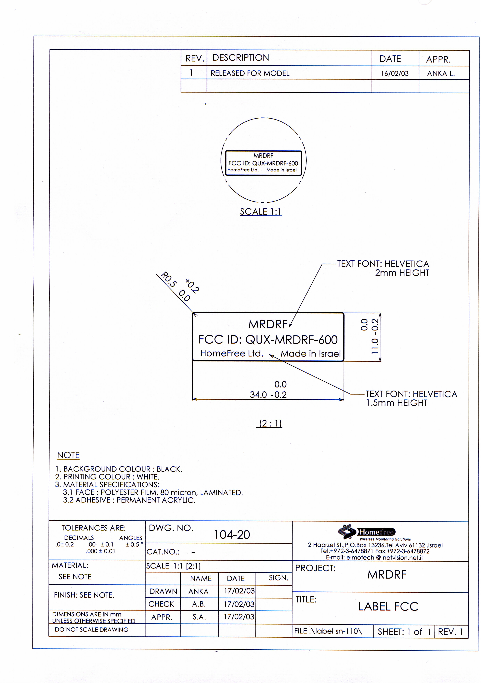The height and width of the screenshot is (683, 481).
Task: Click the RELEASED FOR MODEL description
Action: [250, 73]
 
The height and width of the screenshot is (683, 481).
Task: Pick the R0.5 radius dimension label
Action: [168, 279]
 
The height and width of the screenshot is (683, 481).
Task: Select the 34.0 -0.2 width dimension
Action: [268, 395]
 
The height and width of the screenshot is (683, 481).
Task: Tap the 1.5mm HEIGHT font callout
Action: [397, 403]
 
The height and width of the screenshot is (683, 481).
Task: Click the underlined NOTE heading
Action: [68, 455]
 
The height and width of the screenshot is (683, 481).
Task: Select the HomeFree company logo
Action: [366, 532]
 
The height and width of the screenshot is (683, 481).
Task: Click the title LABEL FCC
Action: [388, 607]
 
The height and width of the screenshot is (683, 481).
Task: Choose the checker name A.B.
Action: [199, 604]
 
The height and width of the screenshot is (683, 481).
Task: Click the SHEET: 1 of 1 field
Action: [404, 632]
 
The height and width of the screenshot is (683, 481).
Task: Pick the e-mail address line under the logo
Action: [374, 557]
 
